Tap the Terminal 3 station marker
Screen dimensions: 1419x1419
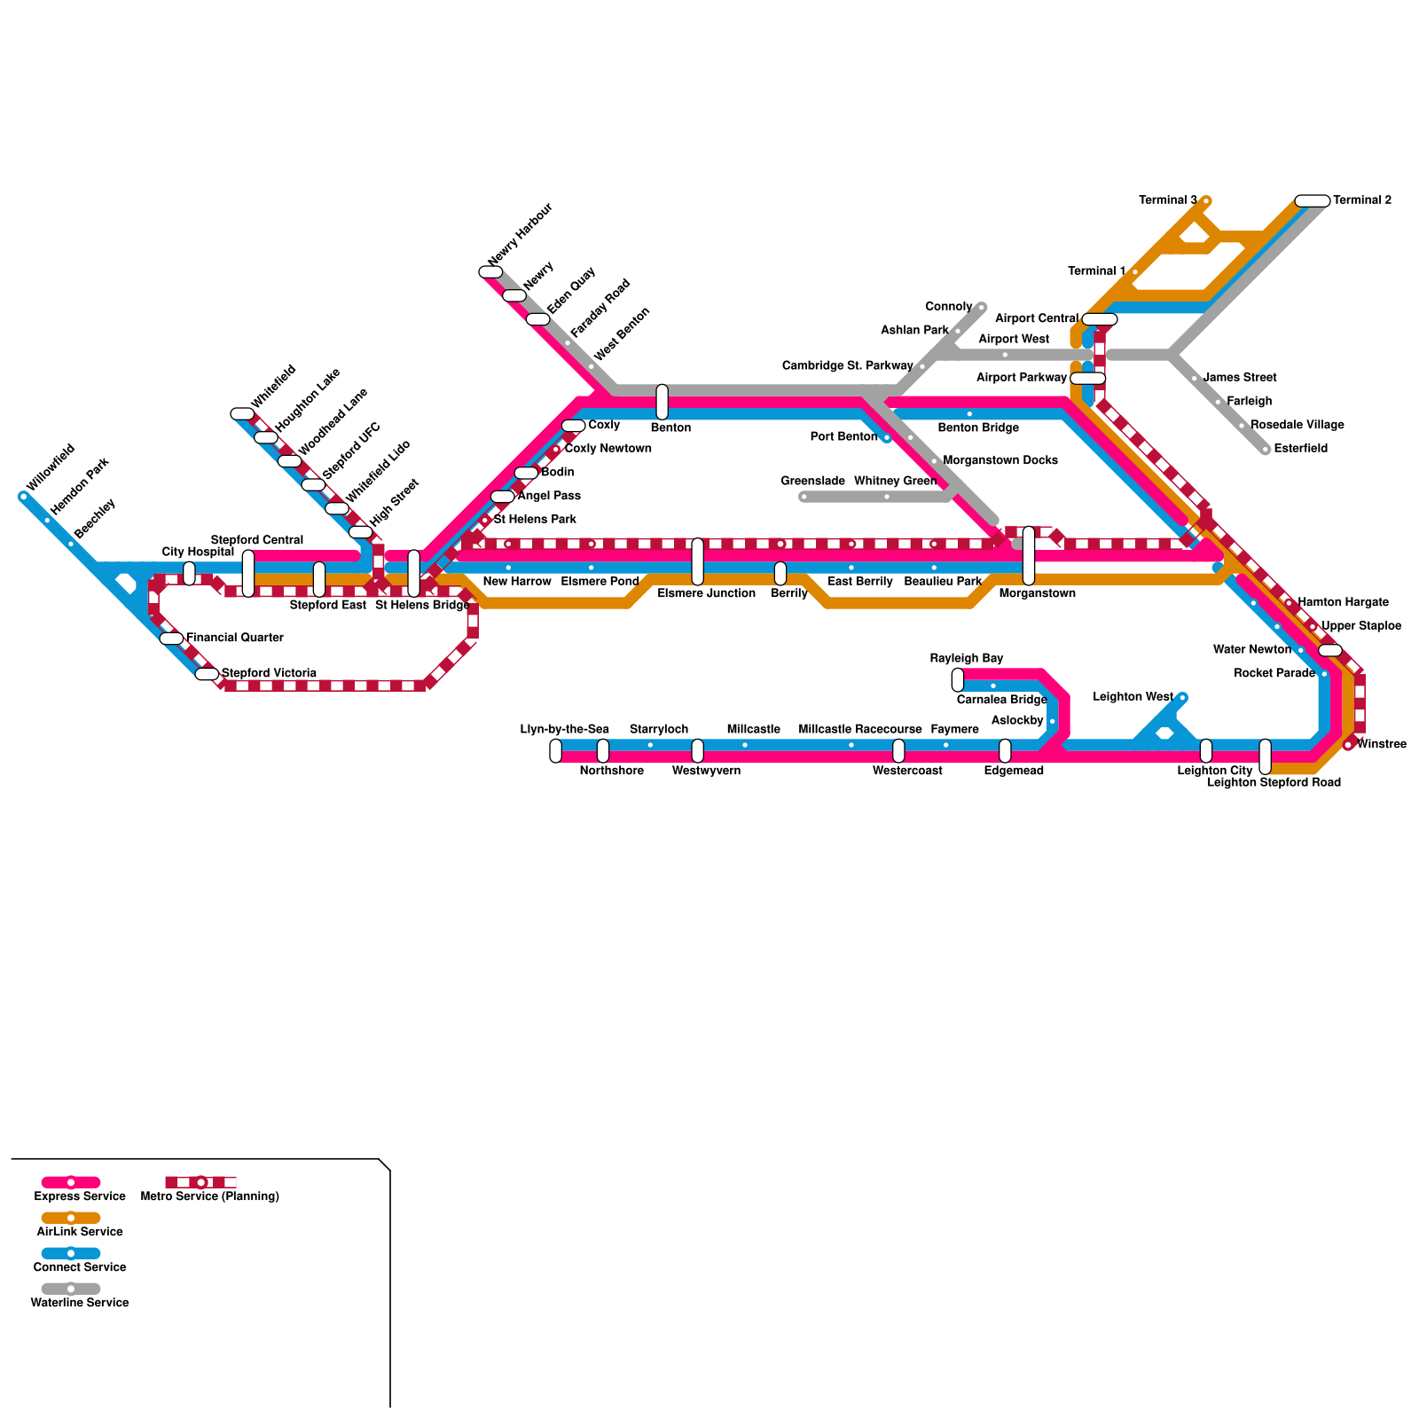click(1206, 201)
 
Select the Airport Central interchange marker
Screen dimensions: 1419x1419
click(1100, 319)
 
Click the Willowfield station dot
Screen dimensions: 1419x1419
click(23, 497)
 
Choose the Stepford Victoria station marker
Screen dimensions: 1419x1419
click(207, 674)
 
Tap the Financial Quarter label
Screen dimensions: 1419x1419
click(234, 638)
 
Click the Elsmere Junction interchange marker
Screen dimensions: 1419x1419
click(698, 561)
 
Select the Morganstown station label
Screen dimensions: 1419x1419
click(1037, 593)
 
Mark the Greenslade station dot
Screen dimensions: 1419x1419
click(804, 497)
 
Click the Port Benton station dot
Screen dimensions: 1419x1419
click(886, 437)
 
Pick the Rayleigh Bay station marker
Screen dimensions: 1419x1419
click(958, 680)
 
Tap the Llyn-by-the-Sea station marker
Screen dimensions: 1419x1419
click(555, 751)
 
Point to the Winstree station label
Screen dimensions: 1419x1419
click(1381, 744)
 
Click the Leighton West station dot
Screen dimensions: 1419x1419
click(1182, 697)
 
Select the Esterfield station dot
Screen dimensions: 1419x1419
click(1266, 450)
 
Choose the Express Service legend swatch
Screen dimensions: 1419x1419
click(71, 1182)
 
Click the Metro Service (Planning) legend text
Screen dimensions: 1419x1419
click(210, 1196)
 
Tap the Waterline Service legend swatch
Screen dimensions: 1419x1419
click(71, 1289)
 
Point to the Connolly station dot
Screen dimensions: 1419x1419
click(982, 307)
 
